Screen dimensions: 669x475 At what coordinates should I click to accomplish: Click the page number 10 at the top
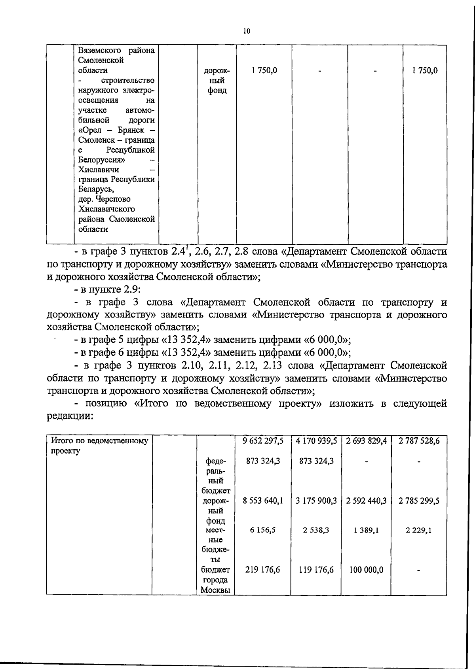tap(247, 31)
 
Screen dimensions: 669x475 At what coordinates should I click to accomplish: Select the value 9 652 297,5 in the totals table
tap(263, 441)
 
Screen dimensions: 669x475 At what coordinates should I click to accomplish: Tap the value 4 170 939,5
tap(316, 441)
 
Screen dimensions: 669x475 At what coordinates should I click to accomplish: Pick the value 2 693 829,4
tap(366, 441)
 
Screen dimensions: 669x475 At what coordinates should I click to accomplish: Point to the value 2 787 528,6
tap(419, 441)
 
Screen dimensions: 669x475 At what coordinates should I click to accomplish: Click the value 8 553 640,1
tap(263, 501)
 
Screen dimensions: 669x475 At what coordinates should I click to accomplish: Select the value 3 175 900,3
tap(316, 501)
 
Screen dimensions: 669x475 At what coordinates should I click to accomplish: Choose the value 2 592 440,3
tap(366, 501)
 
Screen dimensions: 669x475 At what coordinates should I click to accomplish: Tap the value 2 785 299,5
tap(419, 501)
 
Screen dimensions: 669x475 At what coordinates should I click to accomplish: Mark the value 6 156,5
tap(263, 530)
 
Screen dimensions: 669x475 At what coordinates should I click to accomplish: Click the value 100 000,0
tap(366, 570)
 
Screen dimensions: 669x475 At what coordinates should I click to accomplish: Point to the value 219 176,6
tap(263, 570)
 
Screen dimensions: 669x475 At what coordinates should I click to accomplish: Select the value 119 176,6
tap(316, 570)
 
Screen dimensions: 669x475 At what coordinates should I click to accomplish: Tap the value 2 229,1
tap(419, 530)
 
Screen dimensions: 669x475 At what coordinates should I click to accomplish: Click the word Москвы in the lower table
tap(215, 590)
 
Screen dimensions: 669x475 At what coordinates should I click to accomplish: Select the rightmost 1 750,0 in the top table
tap(425, 71)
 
